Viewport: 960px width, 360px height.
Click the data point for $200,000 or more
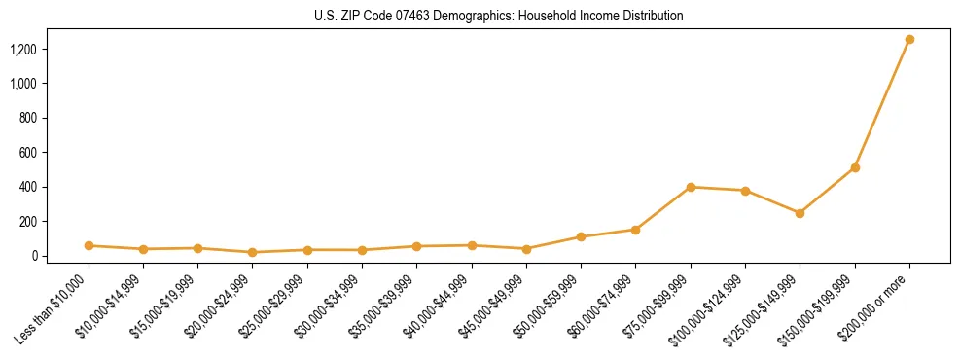[909, 40]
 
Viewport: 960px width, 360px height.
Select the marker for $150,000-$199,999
[855, 168]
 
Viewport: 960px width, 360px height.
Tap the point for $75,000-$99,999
[691, 187]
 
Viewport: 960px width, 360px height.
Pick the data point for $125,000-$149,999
[800, 213]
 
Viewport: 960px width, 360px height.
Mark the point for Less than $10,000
[89, 246]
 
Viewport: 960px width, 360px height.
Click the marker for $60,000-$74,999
[635, 230]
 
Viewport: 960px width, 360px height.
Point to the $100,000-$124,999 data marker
[745, 191]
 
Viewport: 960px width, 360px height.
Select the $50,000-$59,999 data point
[581, 237]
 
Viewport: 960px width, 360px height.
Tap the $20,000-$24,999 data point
[253, 252]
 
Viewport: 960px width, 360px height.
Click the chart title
[498, 17]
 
